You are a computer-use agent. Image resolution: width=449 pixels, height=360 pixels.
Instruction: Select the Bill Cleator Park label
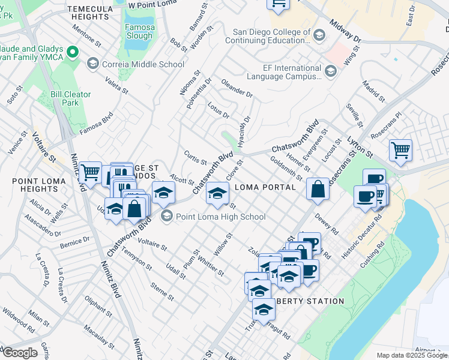tap(71, 98)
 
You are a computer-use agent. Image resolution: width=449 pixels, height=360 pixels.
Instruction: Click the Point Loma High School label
tap(220, 217)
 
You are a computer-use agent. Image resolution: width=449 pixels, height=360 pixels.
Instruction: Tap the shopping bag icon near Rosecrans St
tap(318, 189)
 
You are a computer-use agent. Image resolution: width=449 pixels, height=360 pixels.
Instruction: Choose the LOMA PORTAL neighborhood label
tap(265, 187)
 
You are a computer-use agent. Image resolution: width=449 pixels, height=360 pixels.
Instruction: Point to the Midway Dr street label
tap(345, 31)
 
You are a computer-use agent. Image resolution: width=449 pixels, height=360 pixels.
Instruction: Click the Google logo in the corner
tap(20, 352)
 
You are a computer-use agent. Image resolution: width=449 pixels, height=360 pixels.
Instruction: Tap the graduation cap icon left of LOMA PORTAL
tap(217, 192)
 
